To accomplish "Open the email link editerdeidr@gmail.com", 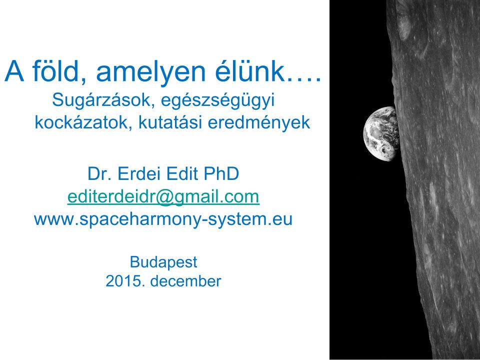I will point(163,197).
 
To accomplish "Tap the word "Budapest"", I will point(163,261).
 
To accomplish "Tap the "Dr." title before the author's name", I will point(99,174).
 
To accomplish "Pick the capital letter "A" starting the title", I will point(14,73).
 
